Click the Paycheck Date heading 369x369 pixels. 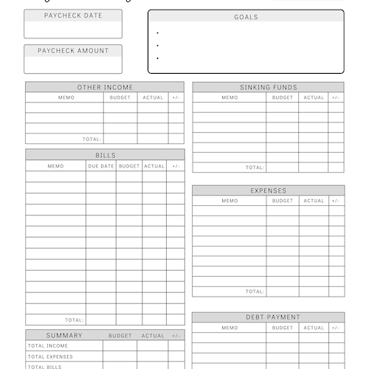[x=73, y=15]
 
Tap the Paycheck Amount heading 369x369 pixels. [x=73, y=51]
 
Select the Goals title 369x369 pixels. [x=246, y=17]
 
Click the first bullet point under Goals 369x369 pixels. [x=158, y=33]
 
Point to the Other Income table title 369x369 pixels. [x=105, y=87]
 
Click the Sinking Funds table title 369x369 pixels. [x=269, y=87]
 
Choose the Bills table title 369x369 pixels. [x=105, y=156]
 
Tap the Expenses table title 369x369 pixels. [x=269, y=190]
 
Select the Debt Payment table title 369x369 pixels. [x=269, y=317]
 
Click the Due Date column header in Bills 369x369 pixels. [x=101, y=166]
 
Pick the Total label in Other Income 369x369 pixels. [x=92, y=138]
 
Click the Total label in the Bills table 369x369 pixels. [x=74, y=320]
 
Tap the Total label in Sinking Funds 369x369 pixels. [x=255, y=168]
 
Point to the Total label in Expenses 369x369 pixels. [x=255, y=291]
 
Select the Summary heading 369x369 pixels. [x=64, y=335]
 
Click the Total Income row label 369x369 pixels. [x=48, y=346]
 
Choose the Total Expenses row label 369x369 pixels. [x=50, y=356]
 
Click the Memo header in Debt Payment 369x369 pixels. [x=230, y=328]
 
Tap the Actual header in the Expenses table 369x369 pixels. [x=314, y=201]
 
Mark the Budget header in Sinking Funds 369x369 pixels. [x=282, y=97]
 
